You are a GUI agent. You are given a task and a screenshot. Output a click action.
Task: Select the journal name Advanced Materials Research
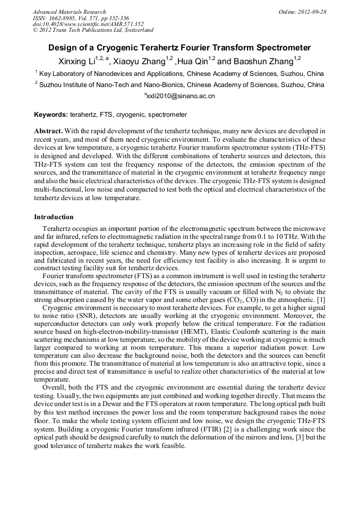click(69, 12)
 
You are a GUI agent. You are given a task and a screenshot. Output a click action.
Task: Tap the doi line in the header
click(88, 24)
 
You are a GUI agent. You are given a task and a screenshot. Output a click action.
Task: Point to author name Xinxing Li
click(76, 61)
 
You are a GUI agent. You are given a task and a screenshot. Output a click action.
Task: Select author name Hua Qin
click(192, 61)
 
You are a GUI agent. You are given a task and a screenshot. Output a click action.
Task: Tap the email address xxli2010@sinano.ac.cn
click(181, 97)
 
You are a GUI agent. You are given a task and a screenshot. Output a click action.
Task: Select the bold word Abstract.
click(48, 131)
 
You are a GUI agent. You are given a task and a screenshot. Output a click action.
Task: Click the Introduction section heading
click(54, 217)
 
